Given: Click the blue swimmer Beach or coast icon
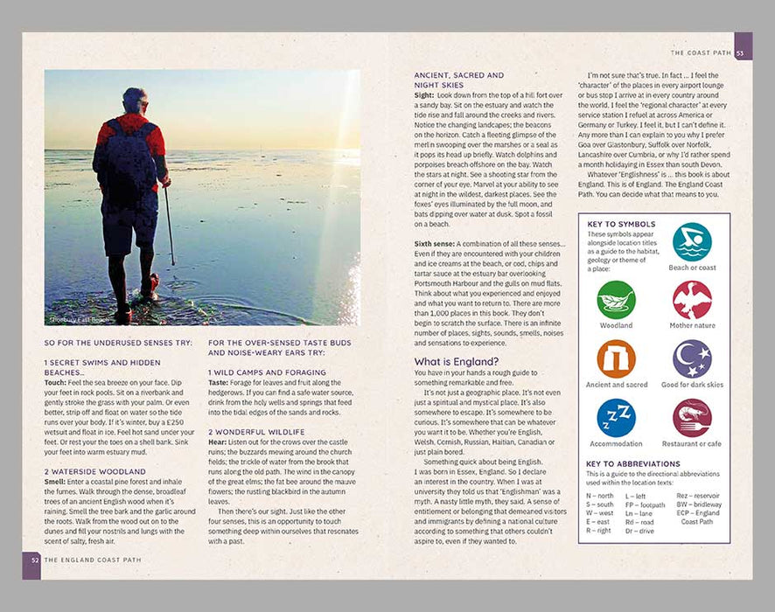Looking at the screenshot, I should point(692,241).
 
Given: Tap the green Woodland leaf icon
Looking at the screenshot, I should point(616,300).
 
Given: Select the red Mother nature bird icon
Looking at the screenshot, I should point(692,300).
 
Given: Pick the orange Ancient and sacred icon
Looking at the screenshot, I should point(616,358).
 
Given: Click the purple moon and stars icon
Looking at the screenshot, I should point(692,358).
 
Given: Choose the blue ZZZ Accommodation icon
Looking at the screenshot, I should point(616,418).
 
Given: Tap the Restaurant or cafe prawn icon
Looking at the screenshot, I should point(692,418).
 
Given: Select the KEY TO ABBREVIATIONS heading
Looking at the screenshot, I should point(632,464).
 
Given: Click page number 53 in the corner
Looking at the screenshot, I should point(742,53).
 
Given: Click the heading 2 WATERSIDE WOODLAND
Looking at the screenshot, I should point(95,470).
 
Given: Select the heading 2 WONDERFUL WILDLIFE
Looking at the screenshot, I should point(257,432).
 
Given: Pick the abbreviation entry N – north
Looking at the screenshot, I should point(599,496).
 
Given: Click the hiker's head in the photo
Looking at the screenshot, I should point(134,101).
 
